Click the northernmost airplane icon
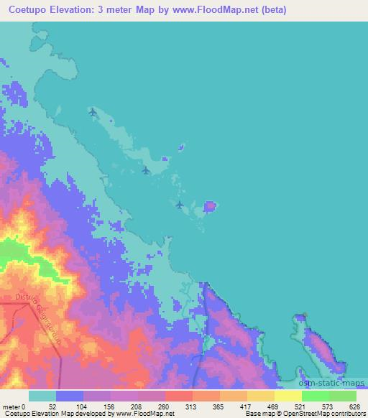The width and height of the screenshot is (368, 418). [x=92, y=111]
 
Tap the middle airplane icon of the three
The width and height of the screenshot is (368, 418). [x=146, y=170]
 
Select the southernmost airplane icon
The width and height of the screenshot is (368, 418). [x=180, y=205]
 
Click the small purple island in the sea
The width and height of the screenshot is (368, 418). [x=209, y=207]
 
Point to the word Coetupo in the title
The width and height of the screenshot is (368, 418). [x=32, y=10]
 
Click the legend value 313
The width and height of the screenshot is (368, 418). [x=192, y=407]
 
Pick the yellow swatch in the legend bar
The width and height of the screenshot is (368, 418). [x=287, y=396]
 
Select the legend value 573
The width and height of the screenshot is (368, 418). [x=328, y=407]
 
